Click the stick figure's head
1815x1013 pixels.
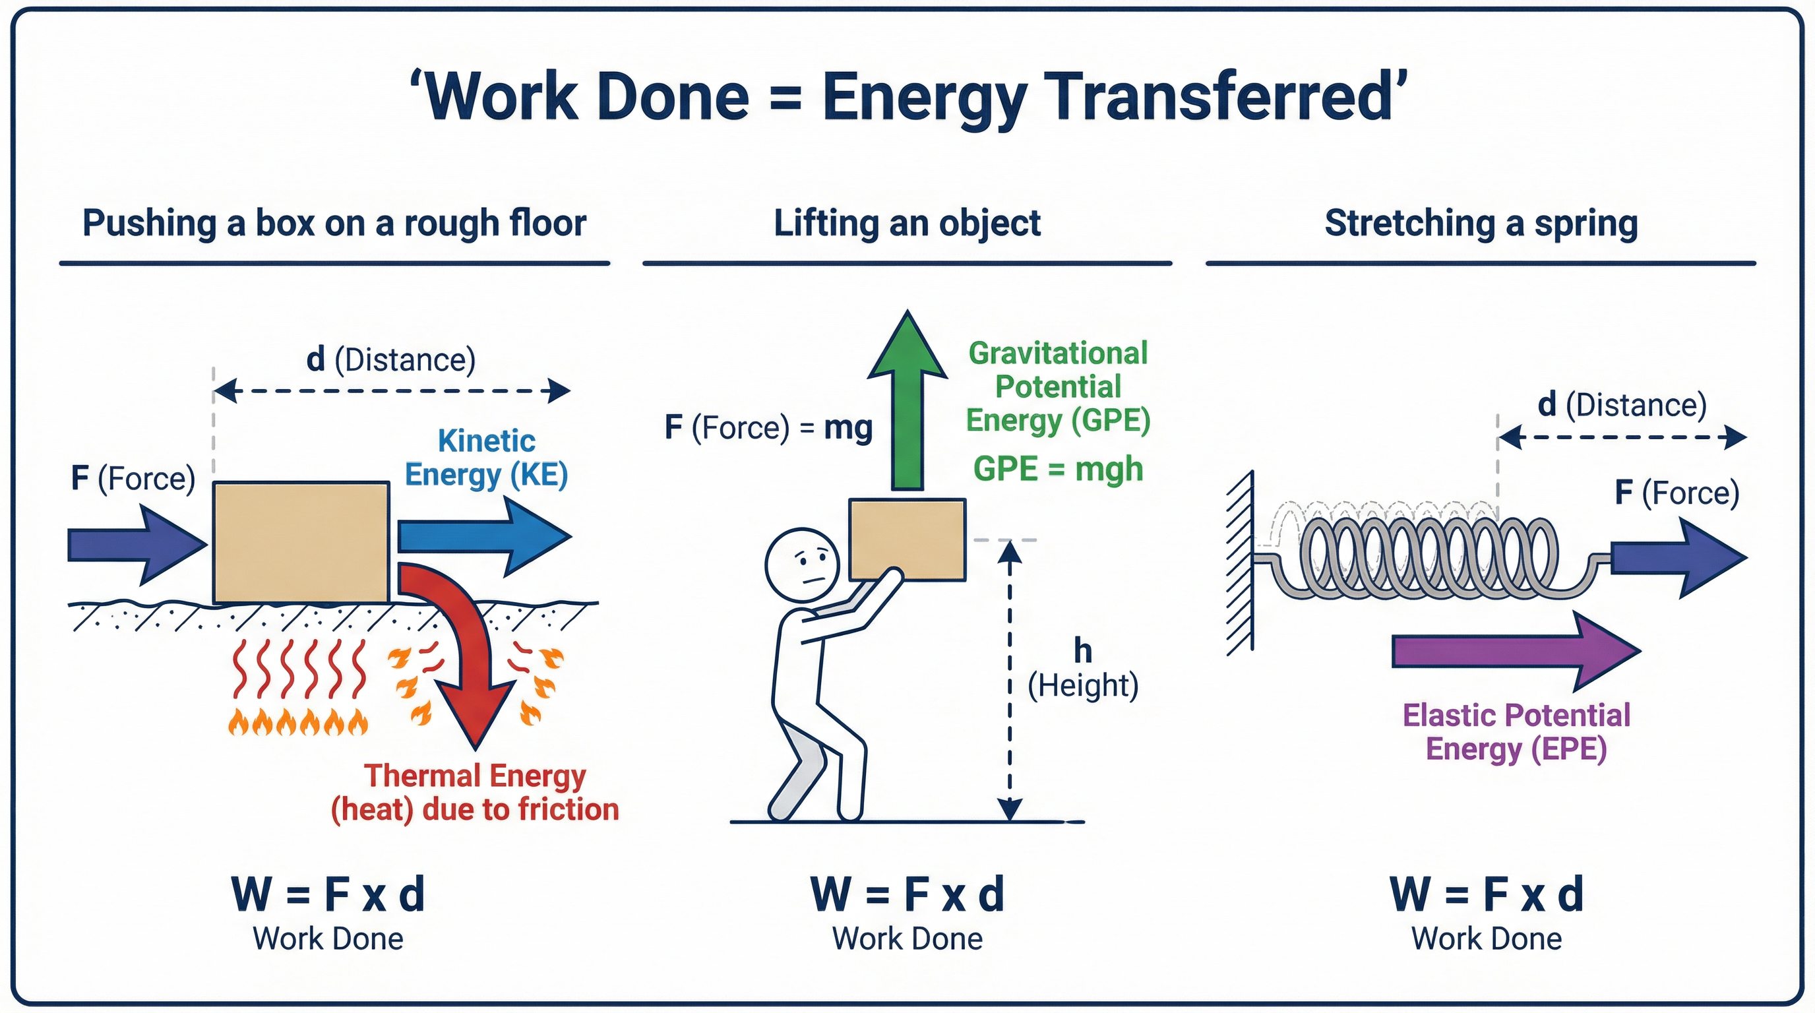pyautogui.click(x=803, y=565)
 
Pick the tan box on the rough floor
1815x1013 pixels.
pyautogui.click(x=301, y=541)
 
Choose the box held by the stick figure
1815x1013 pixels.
pyautogui.click(x=907, y=539)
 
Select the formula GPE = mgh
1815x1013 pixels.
pyautogui.click(x=1058, y=469)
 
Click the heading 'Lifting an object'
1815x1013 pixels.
pyautogui.click(x=907, y=224)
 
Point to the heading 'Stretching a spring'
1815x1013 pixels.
pyautogui.click(x=1481, y=224)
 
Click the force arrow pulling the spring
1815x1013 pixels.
pyautogui.click(x=1677, y=558)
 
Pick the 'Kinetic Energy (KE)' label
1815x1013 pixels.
pyautogui.click(x=486, y=458)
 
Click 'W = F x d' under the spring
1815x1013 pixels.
pyautogui.click(x=1487, y=895)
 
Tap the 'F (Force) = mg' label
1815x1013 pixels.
pyautogui.click(x=768, y=427)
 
